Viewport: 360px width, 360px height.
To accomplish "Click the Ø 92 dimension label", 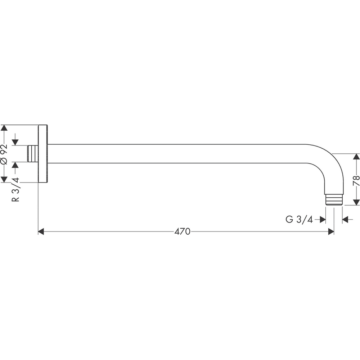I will click(4, 154).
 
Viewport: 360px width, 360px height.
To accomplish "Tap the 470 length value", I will click(182, 231).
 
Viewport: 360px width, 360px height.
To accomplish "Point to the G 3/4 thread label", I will click(299, 219).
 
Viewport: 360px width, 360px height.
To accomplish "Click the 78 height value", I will click(356, 180).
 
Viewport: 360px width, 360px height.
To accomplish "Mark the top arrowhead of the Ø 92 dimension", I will click(4, 129).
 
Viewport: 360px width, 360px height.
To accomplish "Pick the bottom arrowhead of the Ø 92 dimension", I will click(4, 179).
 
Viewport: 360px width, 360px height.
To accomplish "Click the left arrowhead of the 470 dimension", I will click(41, 231).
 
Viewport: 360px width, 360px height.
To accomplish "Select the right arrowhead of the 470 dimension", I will click(331, 231).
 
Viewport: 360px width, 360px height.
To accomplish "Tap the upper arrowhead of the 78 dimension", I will click(356, 157).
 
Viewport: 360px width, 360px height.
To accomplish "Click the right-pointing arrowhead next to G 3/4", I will click(323, 219).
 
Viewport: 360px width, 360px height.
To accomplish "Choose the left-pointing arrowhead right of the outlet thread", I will click(345, 219).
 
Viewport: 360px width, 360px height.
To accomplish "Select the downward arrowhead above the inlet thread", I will click(15, 141).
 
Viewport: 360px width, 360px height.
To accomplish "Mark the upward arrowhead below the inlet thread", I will click(15, 166).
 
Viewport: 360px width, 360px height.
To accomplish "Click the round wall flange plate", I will click(42, 154).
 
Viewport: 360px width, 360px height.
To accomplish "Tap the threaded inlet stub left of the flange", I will click(33, 154).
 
